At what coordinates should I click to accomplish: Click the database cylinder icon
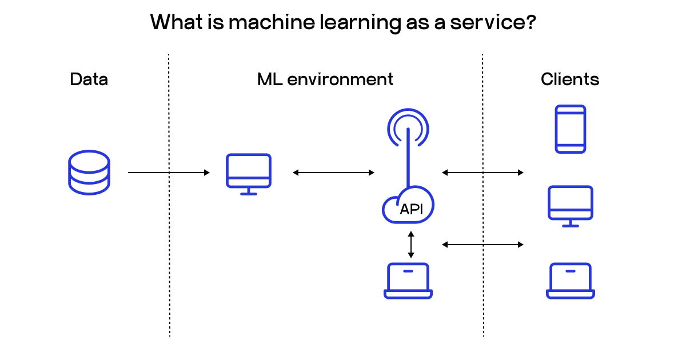coord(89,172)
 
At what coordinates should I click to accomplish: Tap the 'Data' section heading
coord(89,79)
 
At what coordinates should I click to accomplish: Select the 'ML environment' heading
coord(325,79)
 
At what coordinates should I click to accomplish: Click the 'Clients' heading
coord(570,79)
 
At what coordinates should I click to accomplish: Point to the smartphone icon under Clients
coord(571,129)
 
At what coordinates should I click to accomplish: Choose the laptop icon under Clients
coord(571,281)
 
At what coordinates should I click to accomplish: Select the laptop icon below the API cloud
coord(408,281)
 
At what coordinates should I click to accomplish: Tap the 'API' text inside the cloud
coord(411,209)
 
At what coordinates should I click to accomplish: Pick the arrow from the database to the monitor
coord(169,173)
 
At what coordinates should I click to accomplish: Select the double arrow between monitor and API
coord(333,173)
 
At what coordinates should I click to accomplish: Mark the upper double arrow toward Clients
coord(483,173)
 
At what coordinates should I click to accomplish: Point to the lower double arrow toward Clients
coord(483,245)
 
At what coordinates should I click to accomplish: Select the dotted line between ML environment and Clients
coord(483,286)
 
